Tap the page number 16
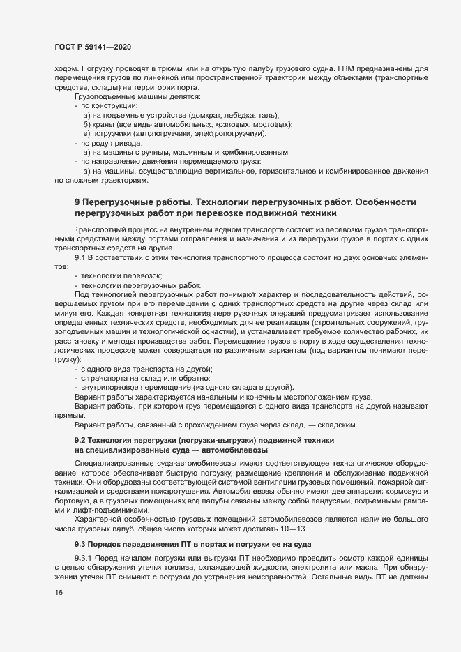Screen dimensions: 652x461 click(59, 612)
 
